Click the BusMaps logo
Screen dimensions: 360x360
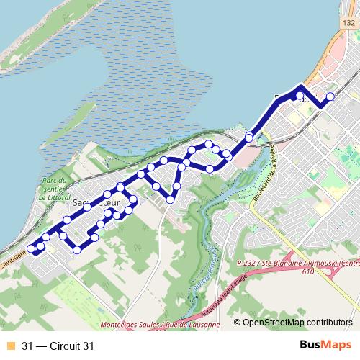[x=323, y=346]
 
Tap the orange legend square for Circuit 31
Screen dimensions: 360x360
[x=9, y=346]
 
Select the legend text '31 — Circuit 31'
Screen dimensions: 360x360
[x=58, y=346]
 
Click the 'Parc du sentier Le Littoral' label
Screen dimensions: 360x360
[x=55, y=189]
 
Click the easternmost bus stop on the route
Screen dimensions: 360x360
[x=330, y=96]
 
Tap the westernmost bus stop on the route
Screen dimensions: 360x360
[x=31, y=249]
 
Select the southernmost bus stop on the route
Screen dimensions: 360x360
[x=77, y=249]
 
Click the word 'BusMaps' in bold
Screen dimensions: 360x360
[x=323, y=346]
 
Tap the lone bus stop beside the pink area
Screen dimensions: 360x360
[x=249, y=137]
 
